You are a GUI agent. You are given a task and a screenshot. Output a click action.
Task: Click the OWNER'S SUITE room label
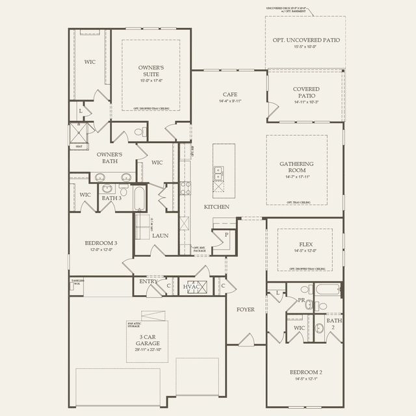[150, 71]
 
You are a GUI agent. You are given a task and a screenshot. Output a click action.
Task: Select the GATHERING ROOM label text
[296, 166]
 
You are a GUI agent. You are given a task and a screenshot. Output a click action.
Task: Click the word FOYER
[245, 309]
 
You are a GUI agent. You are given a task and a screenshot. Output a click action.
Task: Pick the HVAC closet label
[190, 286]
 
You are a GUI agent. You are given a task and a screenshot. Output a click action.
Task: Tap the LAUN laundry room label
[161, 236]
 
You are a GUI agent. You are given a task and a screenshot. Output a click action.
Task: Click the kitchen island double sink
[219, 174]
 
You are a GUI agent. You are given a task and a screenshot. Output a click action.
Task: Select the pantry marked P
[226, 235]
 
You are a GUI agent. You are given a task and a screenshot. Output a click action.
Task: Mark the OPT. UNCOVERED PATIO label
[305, 40]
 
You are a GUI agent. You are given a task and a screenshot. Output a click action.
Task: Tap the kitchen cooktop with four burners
[185, 188]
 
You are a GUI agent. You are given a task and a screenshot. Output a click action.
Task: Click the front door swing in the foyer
[245, 338]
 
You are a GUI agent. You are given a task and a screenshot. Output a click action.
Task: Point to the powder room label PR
[302, 301]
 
